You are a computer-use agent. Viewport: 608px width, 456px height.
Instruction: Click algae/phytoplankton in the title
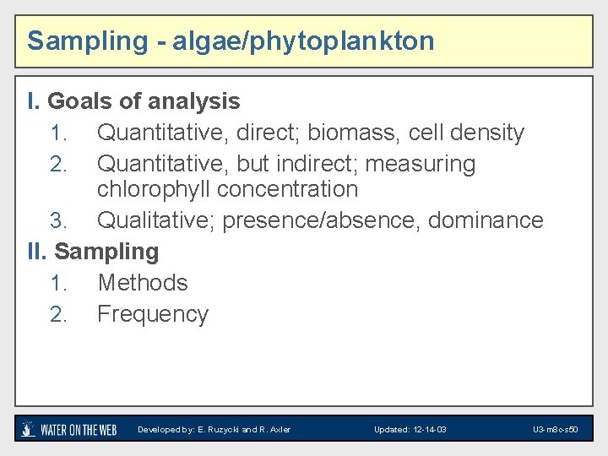(304, 41)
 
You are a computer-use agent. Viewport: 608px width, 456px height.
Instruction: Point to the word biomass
(352, 133)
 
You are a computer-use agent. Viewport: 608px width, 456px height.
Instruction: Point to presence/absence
(323, 220)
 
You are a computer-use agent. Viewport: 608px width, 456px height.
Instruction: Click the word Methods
(143, 283)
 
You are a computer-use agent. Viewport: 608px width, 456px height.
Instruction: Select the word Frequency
(153, 314)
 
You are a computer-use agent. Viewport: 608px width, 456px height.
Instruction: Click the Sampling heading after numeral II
(106, 252)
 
